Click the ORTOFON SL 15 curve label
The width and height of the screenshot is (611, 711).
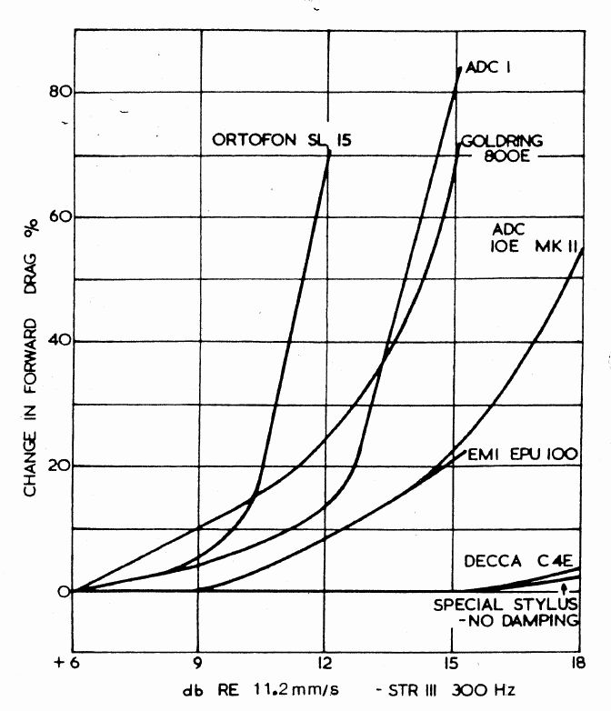pyautogui.click(x=281, y=139)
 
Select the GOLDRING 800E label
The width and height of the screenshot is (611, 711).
pyautogui.click(x=502, y=148)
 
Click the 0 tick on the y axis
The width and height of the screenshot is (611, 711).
pyautogui.click(x=64, y=592)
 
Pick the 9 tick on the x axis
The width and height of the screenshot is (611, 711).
pyautogui.click(x=197, y=663)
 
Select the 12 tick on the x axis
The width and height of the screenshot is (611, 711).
pyautogui.click(x=324, y=663)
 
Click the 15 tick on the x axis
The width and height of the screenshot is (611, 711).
pyautogui.click(x=451, y=663)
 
